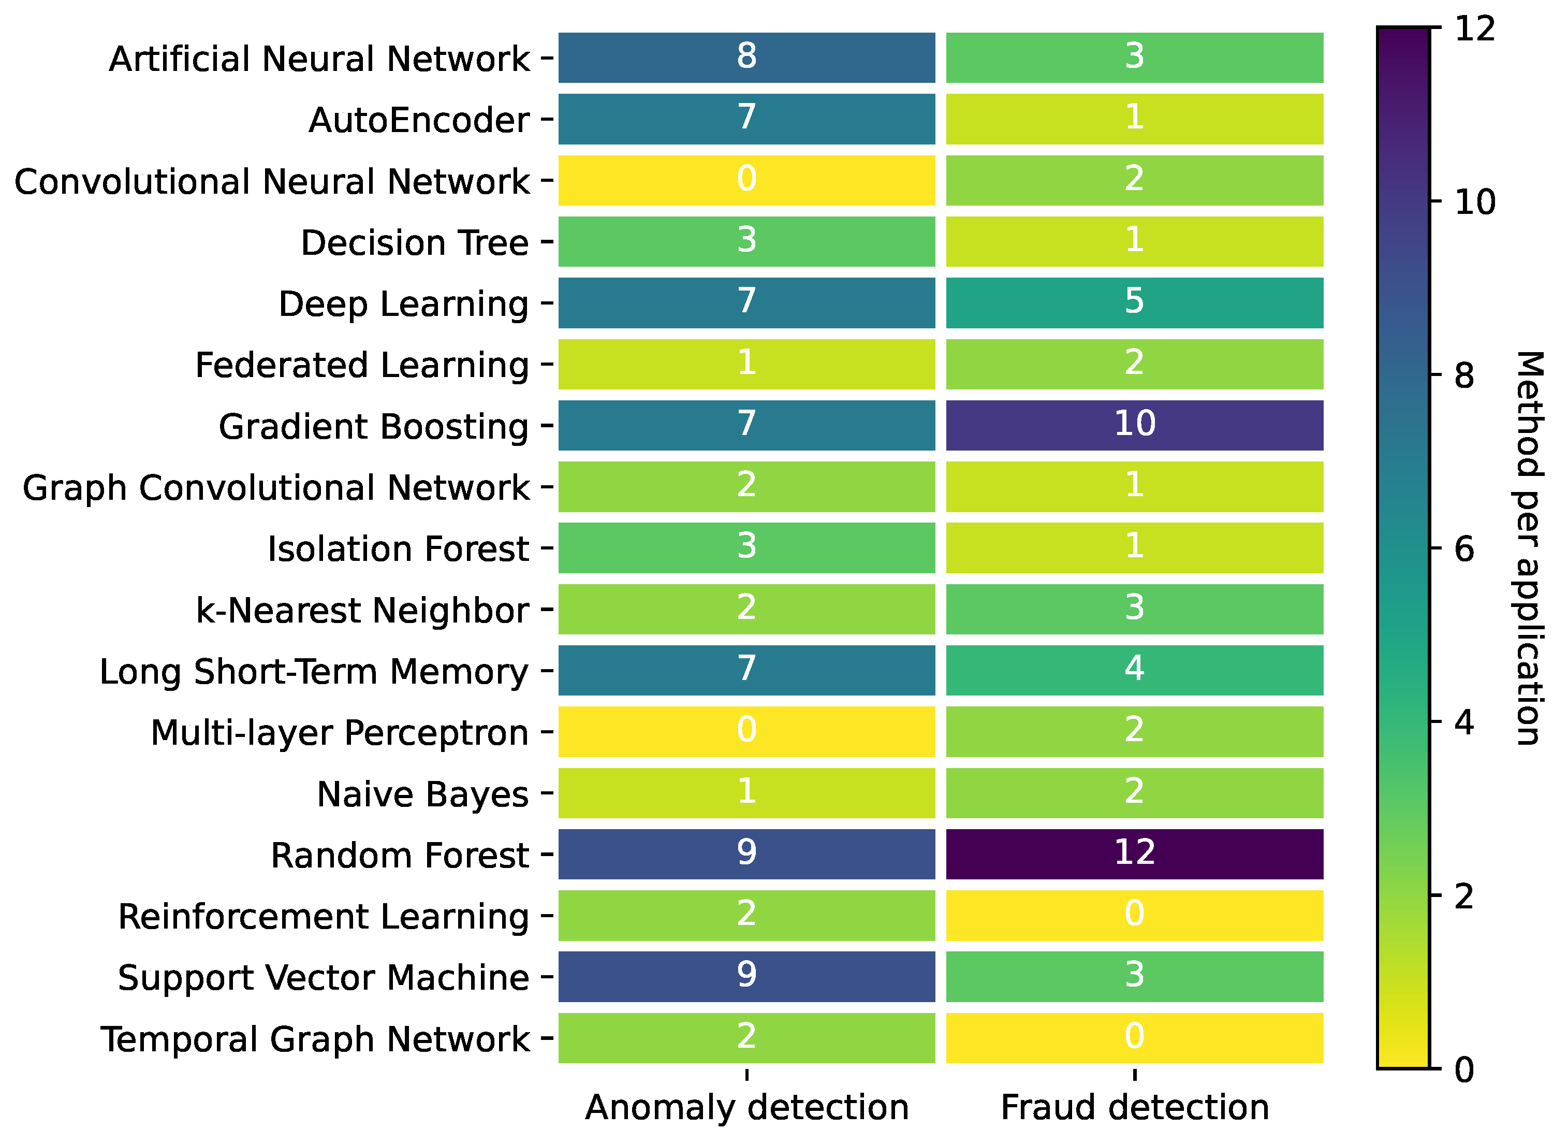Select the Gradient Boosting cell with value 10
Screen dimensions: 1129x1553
1135,425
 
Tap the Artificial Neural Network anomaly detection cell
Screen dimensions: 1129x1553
746,57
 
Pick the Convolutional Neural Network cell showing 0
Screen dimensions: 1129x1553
746,180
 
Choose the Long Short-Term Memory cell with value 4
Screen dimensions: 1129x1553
1135,670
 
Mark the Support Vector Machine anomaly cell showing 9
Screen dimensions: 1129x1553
746,976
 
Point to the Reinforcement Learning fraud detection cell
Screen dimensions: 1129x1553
1135,915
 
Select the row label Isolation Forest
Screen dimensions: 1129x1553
398,549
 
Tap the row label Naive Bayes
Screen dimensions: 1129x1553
422,794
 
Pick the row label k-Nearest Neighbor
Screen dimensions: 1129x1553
362,610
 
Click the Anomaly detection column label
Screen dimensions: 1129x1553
746,1107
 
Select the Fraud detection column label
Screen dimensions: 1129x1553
1135,1107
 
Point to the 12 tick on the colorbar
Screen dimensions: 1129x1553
1474,29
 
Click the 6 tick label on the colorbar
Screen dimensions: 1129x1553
1464,549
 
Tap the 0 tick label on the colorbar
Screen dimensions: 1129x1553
1464,1069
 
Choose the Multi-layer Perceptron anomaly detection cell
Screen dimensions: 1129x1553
746,732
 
